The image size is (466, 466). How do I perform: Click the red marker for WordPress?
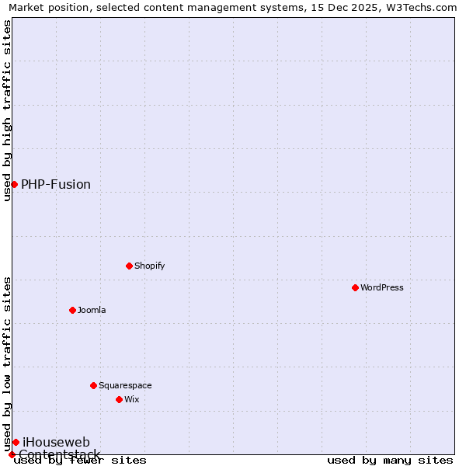(355, 287)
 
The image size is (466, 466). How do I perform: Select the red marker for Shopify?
(129, 266)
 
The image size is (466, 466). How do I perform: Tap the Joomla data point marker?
(72, 310)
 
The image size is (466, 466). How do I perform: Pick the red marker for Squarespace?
(93, 385)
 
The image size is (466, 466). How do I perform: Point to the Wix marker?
(119, 399)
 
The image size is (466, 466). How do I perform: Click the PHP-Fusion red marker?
(14, 184)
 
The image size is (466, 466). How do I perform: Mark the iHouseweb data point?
(16, 442)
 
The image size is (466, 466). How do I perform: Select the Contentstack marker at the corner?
(12, 454)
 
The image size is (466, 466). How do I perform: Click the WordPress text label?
(382, 287)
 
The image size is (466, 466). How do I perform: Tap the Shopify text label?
(150, 266)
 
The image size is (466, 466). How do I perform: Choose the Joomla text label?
(92, 310)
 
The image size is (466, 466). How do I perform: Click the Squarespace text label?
(125, 385)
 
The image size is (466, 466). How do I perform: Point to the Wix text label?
(132, 399)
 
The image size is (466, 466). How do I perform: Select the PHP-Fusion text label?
(56, 184)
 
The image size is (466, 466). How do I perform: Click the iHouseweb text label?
(56, 442)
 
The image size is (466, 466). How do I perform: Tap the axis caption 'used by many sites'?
(390, 460)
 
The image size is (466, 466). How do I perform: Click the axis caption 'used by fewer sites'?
(81, 460)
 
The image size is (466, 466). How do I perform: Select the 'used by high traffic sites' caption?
(7, 110)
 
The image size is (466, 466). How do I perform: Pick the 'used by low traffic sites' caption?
(7, 363)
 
